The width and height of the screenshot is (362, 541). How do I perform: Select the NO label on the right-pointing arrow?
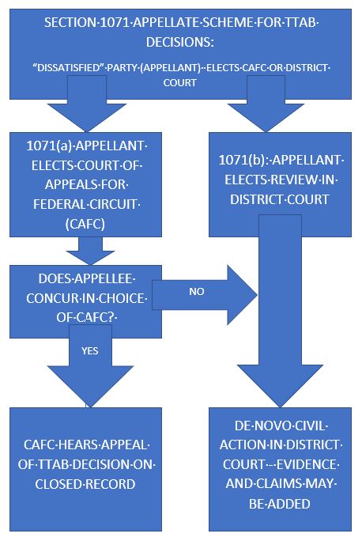[x=198, y=291]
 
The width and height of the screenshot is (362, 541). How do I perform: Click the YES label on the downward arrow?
[x=89, y=350]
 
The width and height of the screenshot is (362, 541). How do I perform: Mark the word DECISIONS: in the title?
[x=180, y=40]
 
